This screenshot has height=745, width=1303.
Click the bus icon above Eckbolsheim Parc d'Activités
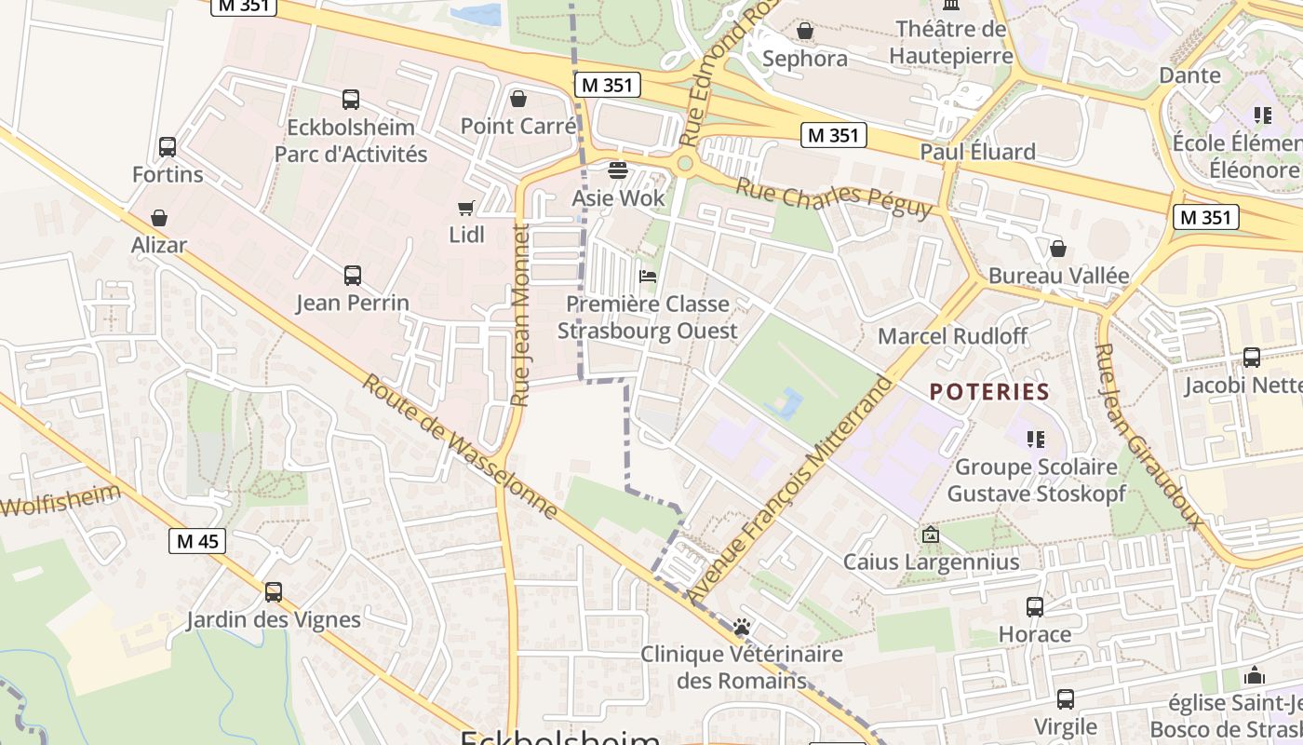tap(351, 100)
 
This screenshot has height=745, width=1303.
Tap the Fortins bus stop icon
tap(168, 147)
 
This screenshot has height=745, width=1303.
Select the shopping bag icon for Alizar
tap(159, 218)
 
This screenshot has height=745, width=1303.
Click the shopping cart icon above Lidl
tap(465, 208)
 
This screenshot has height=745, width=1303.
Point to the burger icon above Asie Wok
tap(617, 170)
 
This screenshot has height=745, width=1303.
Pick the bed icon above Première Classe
tap(648, 277)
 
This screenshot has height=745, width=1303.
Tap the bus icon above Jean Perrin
tap(353, 276)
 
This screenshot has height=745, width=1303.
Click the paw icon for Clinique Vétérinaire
tap(742, 627)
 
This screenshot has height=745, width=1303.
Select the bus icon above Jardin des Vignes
tap(274, 592)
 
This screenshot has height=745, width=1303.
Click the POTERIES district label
tap(989, 392)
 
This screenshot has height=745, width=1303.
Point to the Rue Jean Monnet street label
tap(520, 315)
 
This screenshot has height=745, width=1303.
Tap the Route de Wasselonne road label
tap(460, 447)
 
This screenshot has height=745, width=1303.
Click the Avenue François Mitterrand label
tap(790, 489)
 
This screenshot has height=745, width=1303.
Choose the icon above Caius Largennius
tap(930, 535)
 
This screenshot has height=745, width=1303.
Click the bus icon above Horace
tap(1035, 607)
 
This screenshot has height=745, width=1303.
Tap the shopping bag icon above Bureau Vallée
tap(1058, 249)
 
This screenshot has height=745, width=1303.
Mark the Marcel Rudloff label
tap(952, 336)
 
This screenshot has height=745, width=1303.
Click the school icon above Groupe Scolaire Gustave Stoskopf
tap(1035, 439)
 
